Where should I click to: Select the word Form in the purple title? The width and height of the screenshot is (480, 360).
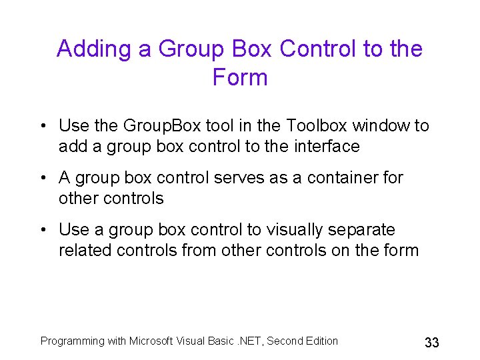[x=240, y=77]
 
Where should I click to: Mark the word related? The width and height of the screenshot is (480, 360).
[x=85, y=251]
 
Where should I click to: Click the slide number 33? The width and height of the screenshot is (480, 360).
[x=432, y=343]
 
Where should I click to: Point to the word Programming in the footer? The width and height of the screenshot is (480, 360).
[x=73, y=341]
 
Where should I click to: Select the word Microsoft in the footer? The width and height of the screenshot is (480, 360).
[x=152, y=341]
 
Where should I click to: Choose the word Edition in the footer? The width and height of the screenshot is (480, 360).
[x=321, y=341]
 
